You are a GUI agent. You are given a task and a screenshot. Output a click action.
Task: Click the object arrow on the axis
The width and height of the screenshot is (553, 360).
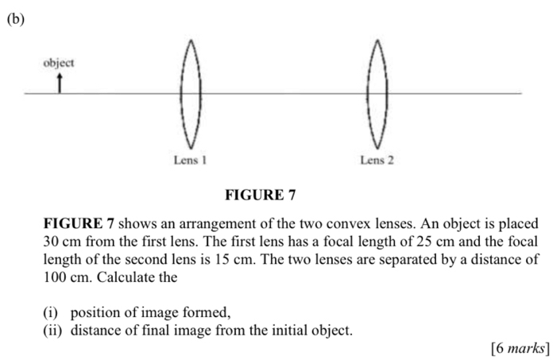click(x=60, y=83)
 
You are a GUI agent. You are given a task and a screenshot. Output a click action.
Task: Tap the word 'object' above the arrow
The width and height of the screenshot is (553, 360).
click(x=59, y=64)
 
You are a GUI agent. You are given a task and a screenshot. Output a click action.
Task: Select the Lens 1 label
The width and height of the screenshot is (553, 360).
click(x=190, y=160)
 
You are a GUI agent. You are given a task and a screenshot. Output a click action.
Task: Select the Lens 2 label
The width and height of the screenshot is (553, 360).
click(x=377, y=160)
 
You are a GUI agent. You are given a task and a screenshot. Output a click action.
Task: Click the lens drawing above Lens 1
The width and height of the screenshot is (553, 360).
click(x=181, y=94)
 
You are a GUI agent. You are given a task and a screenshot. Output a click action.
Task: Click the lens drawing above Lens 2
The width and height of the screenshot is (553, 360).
click(x=368, y=94)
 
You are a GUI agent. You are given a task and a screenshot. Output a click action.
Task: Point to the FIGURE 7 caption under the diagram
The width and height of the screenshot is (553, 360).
click(x=261, y=195)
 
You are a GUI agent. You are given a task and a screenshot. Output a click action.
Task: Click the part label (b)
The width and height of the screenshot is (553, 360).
click(x=16, y=19)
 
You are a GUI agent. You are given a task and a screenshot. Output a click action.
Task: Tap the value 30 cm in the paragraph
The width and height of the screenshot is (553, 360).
click(x=62, y=242)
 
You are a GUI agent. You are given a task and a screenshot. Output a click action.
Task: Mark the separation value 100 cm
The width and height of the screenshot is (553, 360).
click(x=66, y=277)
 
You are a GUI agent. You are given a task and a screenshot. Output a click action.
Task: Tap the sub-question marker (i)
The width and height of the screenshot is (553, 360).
click(x=50, y=313)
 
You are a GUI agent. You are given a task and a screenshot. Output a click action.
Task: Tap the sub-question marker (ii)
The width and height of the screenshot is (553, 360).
click(x=52, y=331)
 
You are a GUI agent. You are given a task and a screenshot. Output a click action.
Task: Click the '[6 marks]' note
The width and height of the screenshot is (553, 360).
click(x=520, y=348)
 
